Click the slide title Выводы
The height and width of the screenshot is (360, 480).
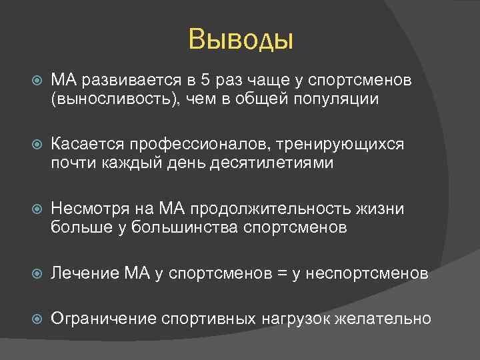[x=241, y=39]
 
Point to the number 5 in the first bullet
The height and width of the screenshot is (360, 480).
[x=205, y=81]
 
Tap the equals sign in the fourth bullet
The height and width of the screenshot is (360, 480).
[x=275, y=273]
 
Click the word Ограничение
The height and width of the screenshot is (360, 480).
[x=103, y=318]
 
